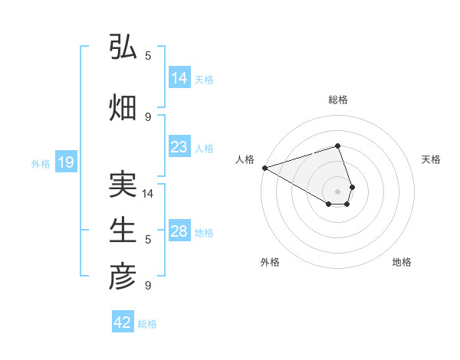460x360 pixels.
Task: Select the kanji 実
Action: tap(123, 185)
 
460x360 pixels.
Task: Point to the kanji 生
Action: tap(123, 230)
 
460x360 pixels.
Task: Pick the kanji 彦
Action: tap(123, 277)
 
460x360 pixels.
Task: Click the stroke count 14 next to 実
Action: tap(149, 194)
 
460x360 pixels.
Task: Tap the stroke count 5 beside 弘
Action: tap(148, 56)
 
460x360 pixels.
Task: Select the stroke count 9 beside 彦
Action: tap(148, 286)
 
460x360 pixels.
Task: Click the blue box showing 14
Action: tap(179, 77)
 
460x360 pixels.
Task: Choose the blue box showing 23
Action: tap(179, 147)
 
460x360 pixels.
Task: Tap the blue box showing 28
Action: tap(179, 231)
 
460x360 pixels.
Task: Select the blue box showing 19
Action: tap(65, 162)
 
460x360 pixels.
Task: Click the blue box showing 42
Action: tap(123, 322)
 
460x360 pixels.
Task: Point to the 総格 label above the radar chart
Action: tap(338, 100)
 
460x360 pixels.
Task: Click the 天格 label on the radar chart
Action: tap(431, 159)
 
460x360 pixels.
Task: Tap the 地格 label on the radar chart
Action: tap(402, 262)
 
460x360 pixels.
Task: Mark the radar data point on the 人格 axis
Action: tap(264, 168)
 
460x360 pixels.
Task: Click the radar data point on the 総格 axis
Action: tap(338, 146)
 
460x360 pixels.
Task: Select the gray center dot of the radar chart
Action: tap(338, 191)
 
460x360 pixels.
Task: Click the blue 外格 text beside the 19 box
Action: tap(41, 163)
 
